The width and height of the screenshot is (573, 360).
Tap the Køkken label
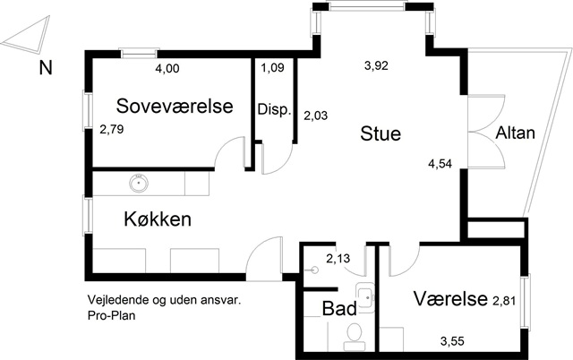click(158, 219)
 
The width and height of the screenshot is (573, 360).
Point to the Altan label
click(516, 134)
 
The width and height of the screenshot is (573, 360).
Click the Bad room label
click(339, 308)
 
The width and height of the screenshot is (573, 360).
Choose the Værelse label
click(449, 299)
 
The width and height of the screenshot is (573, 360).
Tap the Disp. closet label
click(274, 110)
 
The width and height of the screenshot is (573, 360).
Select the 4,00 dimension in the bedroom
click(167, 68)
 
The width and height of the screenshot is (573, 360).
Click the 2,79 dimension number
click(112, 129)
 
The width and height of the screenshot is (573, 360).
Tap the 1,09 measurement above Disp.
click(272, 68)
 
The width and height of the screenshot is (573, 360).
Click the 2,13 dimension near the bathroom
click(338, 260)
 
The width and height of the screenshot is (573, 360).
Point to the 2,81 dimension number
click(505, 300)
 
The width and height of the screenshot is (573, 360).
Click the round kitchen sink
click(139, 184)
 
